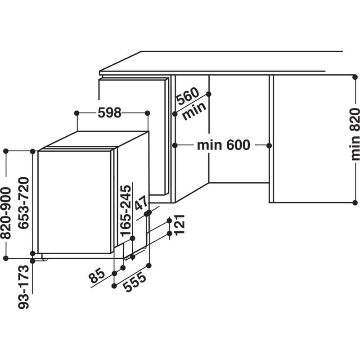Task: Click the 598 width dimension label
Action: pos(109,112)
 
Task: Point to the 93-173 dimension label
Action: pos(25,287)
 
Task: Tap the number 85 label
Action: pos(97,275)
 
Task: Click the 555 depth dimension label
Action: pos(134,283)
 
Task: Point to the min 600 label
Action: pos(223,145)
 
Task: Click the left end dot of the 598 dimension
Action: pos(76,112)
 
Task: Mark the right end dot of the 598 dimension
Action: pos(148,112)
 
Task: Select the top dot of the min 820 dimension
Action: pos(355,75)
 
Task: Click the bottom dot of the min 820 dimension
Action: pos(355,202)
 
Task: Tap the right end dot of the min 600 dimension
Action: pos(269,145)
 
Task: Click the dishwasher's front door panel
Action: pos(74,202)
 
